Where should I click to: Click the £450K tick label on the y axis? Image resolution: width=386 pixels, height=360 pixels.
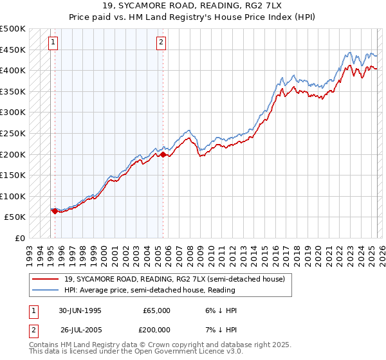[x=13, y=50]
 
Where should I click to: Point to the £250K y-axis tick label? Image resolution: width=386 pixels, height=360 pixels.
[x=13, y=133]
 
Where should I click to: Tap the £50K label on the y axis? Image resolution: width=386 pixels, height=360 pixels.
[x=15, y=217]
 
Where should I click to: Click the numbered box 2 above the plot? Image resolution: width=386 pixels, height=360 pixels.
[x=160, y=43]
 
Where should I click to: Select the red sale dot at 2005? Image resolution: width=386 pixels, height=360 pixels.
[x=163, y=154]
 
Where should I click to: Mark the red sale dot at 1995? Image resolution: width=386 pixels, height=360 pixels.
[x=55, y=211]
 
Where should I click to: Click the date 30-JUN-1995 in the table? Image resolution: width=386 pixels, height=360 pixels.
[x=80, y=310]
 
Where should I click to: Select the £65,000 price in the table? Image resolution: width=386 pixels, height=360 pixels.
[x=156, y=310]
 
